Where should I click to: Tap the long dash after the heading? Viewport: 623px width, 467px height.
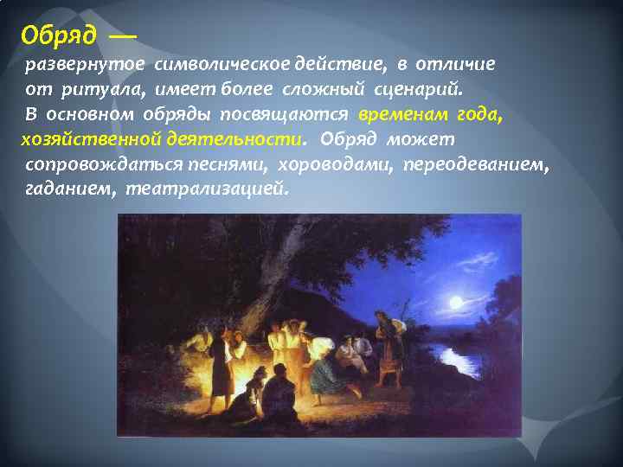click(122, 37)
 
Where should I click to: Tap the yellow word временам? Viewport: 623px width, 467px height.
click(401, 114)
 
